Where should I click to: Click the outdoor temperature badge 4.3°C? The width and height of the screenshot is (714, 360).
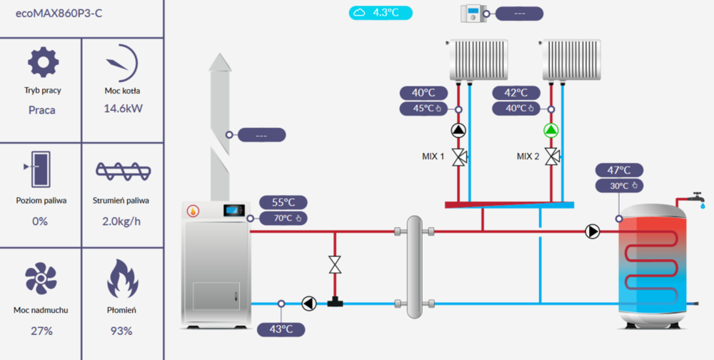point(381,12)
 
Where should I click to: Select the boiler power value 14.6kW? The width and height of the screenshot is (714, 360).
point(122,109)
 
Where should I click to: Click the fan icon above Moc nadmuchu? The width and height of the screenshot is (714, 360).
point(40,278)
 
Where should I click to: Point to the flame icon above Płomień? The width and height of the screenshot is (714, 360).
point(121,278)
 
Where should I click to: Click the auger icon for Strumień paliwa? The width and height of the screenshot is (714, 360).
point(122,171)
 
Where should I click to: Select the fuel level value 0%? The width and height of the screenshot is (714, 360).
point(40,221)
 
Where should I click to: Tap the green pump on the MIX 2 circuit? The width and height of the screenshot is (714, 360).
point(550,131)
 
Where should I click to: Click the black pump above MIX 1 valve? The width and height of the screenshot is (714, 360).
point(458,131)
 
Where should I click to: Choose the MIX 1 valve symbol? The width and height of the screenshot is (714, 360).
point(458,156)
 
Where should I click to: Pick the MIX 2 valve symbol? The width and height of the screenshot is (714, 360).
point(550,156)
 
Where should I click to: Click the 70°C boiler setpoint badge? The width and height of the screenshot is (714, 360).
point(283,218)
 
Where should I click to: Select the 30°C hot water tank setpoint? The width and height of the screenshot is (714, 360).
point(620,186)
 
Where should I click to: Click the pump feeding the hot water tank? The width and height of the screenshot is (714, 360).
point(593,231)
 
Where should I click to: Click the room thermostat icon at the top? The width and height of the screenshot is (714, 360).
point(473,13)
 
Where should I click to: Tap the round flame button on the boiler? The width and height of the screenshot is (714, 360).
point(193,211)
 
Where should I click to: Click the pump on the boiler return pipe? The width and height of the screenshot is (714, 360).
point(308,304)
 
